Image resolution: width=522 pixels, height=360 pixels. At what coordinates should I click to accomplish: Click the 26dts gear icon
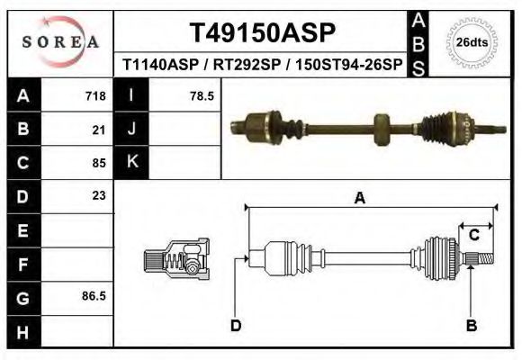click(x=471, y=41)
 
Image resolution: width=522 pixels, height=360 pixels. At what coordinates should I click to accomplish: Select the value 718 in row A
click(x=95, y=95)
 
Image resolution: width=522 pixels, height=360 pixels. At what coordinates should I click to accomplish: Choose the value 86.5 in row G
click(x=94, y=295)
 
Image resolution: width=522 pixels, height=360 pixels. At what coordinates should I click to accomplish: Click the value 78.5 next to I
click(x=202, y=95)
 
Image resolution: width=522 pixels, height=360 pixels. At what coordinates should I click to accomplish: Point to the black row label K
click(x=131, y=163)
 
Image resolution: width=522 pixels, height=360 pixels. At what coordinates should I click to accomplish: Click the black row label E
click(x=23, y=229)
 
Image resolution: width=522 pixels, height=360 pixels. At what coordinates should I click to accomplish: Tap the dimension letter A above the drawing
click(x=359, y=198)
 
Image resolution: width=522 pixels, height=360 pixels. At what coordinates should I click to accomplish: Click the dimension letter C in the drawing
click(x=473, y=235)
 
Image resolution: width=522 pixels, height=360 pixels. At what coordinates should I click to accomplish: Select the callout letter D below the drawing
click(x=235, y=326)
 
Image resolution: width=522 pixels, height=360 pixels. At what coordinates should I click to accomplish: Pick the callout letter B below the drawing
click(x=471, y=326)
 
